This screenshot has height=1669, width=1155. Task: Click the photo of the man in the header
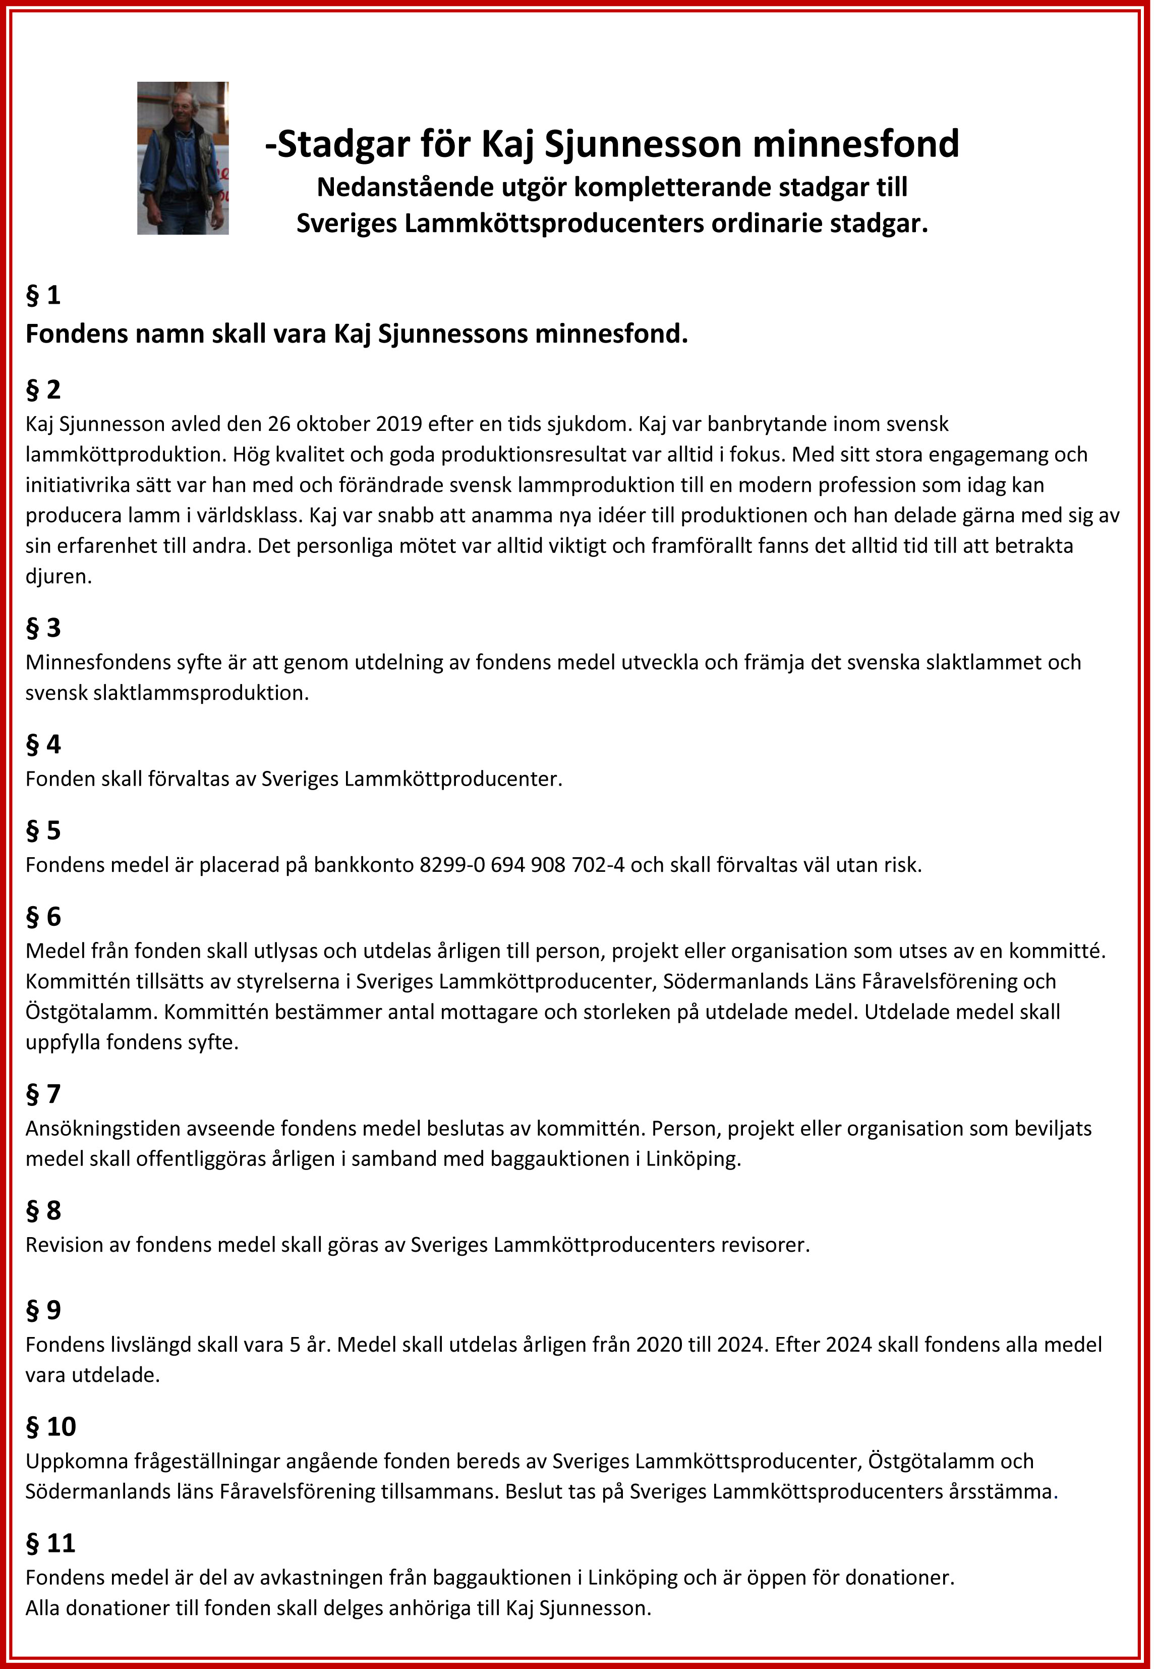point(183,158)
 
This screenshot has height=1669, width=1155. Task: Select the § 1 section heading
point(43,295)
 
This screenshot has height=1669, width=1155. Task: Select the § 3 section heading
point(43,628)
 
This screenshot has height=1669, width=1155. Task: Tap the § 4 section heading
point(43,744)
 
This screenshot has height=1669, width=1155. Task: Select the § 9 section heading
point(43,1310)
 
